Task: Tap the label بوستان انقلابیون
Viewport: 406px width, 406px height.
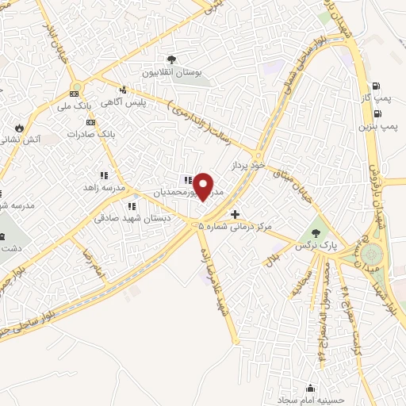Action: (172, 72)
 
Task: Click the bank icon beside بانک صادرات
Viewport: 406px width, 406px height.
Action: (92, 122)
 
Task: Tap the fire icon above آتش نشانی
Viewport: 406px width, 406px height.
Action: (19, 127)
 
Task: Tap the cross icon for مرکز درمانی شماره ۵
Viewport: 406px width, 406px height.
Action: (235, 214)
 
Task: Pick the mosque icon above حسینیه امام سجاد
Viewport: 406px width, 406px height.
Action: (310, 389)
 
